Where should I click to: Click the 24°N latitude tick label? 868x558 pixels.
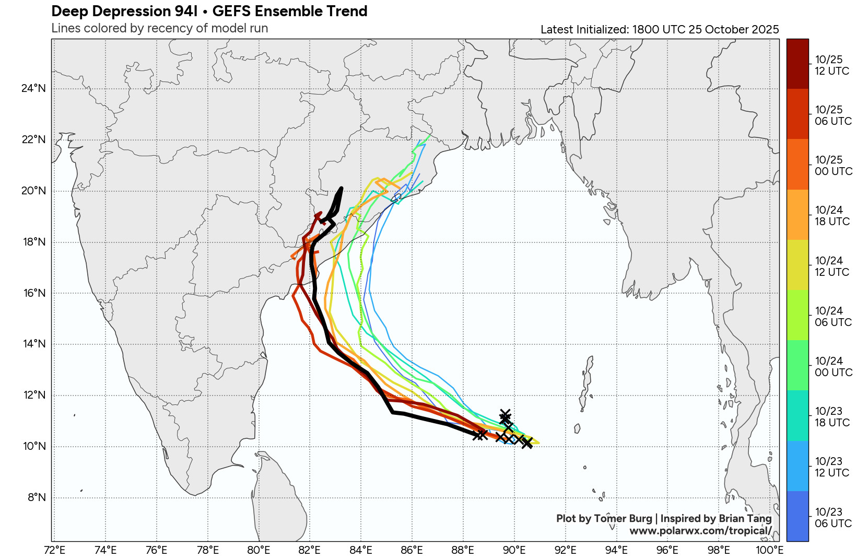(x=33, y=88)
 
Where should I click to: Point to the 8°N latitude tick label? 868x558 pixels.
(x=37, y=497)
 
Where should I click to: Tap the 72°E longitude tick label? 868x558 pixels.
(x=55, y=550)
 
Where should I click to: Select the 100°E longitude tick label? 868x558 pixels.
(x=769, y=550)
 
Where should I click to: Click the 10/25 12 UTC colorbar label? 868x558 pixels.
(x=831, y=65)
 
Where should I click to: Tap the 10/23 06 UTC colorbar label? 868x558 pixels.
(x=832, y=518)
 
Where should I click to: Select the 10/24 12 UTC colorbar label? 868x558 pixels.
(x=831, y=266)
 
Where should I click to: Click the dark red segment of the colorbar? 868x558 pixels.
(x=797, y=64)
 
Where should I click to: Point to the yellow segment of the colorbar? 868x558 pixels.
(x=797, y=265)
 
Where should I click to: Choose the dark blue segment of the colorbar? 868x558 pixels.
(x=797, y=516)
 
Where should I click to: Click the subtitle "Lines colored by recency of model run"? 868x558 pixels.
(x=159, y=28)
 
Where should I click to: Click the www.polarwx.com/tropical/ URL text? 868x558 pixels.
(x=700, y=531)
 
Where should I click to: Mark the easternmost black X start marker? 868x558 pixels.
(x=527, y=443)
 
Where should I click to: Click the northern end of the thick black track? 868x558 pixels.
(x=341, y=189)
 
